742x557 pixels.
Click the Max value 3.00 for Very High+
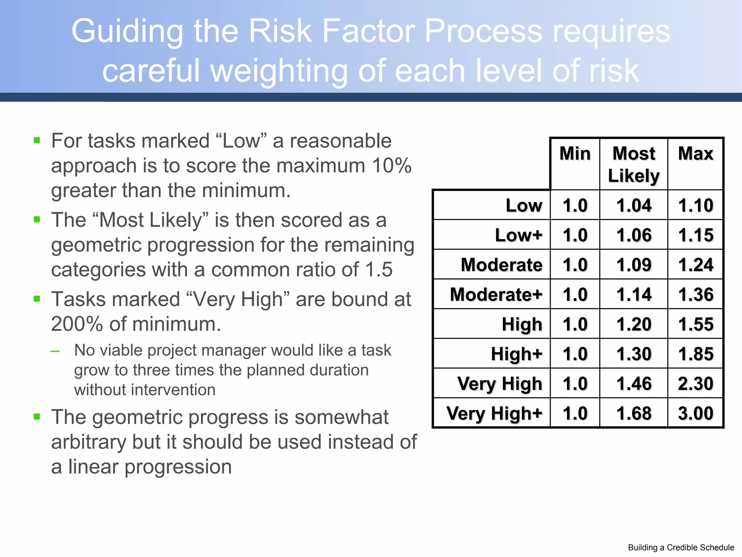coord(696,413)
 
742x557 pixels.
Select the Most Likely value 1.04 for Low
coord(634,205)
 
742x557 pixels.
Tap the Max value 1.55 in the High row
coord(696,324)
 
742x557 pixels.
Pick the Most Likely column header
coord(634,164)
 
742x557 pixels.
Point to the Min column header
coord(575,153)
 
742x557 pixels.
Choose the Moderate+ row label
coord(496,294)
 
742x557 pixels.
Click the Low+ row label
coord(519,235)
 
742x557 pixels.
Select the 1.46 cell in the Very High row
coord(634,384)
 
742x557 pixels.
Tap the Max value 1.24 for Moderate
coord(696,265)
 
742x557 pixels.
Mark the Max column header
coord(696,153)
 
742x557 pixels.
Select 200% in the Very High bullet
coord(77,324)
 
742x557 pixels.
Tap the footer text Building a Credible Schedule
coord(681,548)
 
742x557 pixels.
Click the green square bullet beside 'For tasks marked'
coord(37,140)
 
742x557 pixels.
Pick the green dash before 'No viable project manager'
coord(55,351)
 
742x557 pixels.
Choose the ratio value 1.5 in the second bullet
coord(379,270)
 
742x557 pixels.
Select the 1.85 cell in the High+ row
coord(696,354)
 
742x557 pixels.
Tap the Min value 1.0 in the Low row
coord(575,205)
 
